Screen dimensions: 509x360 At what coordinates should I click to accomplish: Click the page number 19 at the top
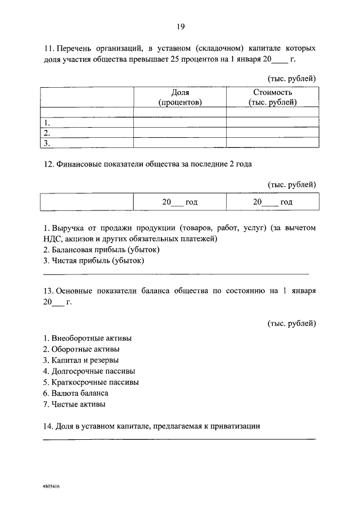(180, 26)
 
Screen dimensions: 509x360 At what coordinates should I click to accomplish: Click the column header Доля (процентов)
(180, 97)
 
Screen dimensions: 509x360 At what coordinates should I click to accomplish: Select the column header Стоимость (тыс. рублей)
(273, 97)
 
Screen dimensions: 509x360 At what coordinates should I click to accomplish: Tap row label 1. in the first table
(47, 123)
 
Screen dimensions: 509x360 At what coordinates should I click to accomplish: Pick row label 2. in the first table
(47, 133)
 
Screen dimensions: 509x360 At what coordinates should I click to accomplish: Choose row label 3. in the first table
(47, 143)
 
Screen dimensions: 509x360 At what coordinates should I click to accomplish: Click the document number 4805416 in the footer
(51, 485)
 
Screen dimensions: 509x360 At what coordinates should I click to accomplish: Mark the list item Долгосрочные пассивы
(89, 371)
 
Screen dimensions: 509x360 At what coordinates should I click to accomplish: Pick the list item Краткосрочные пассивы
(91, 382)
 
